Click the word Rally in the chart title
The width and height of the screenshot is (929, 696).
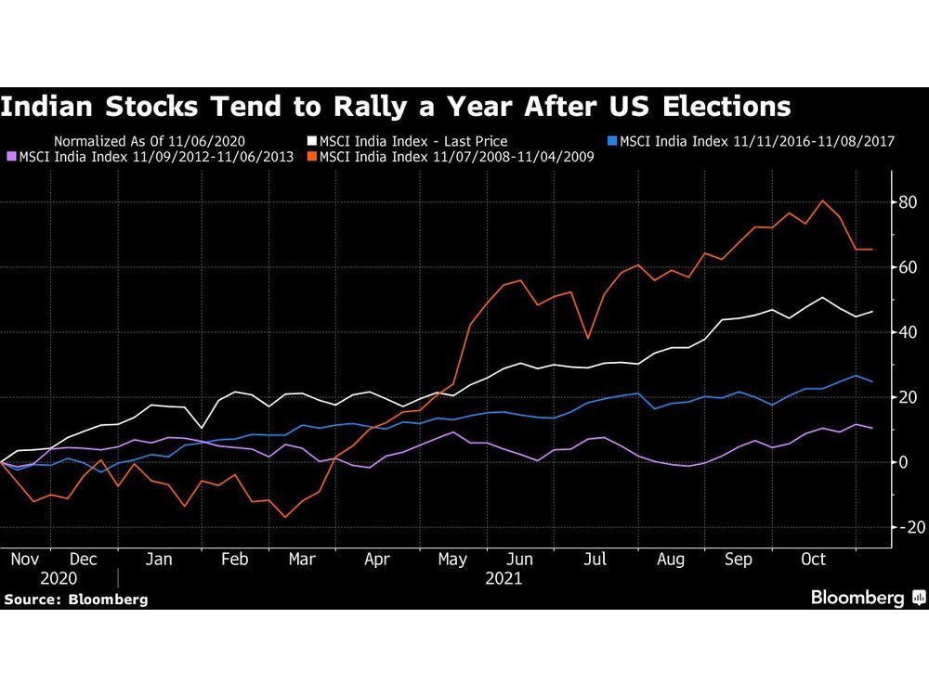click(414, 106)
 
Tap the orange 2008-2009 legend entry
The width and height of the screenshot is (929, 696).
click(455, 157)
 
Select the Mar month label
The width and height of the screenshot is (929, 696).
click(300, 560)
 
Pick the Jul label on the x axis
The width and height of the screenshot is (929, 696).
click(595, 560)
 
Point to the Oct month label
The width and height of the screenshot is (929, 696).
click(813, 560)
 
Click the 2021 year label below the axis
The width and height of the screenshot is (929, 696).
click(504, 577)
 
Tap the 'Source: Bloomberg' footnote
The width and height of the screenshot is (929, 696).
click(75, 599)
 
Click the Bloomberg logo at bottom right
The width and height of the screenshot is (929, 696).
click(868, 598)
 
